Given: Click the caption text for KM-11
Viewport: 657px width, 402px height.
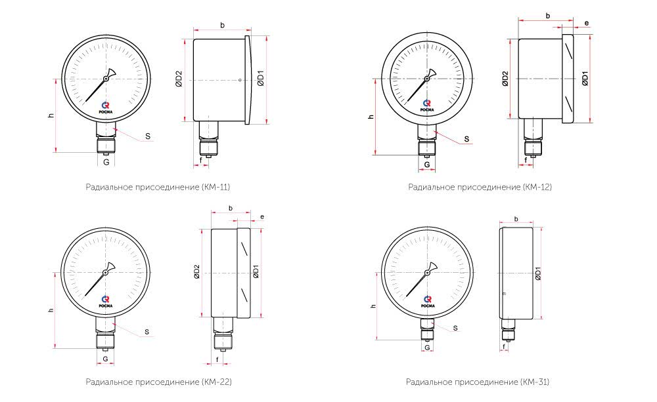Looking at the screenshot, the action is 158,187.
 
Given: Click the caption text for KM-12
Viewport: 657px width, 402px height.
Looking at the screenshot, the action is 480,187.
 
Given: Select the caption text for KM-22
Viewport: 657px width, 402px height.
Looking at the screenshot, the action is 159,382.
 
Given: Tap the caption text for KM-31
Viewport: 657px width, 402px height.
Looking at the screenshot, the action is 478,382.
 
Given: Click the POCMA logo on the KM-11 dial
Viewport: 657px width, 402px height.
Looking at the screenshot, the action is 106,108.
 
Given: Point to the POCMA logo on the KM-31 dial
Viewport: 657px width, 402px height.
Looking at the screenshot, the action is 428,302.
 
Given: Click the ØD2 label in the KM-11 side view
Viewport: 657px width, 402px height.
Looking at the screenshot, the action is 179,79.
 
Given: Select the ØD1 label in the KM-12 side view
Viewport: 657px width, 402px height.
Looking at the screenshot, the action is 585,78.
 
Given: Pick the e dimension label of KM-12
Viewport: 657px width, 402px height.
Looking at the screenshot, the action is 587,24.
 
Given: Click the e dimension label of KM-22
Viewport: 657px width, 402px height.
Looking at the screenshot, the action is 262,216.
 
